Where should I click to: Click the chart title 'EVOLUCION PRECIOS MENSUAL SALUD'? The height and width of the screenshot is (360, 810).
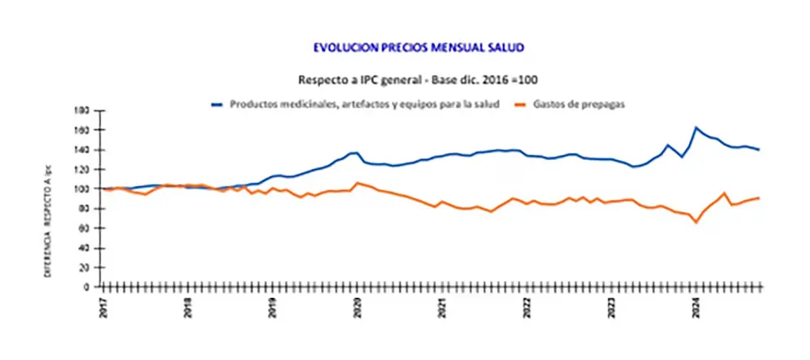pyautogui.click(x=418, y=47)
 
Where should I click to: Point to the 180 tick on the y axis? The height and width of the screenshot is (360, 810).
pyautogui.click(x=82, y=110)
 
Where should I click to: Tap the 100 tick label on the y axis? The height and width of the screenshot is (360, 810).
pyautogui.click(x=82, y=189)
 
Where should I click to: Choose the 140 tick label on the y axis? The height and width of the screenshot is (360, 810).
pyautogui.click(x=82, y=149)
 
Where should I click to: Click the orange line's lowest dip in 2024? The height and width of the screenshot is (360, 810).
pyautogui.click(x=696, y=222)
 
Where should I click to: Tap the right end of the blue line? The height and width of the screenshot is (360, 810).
pyautogui.click(x=759, y=149)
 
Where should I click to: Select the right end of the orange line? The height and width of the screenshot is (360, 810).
pyautogui.click(x=759, y=198)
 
